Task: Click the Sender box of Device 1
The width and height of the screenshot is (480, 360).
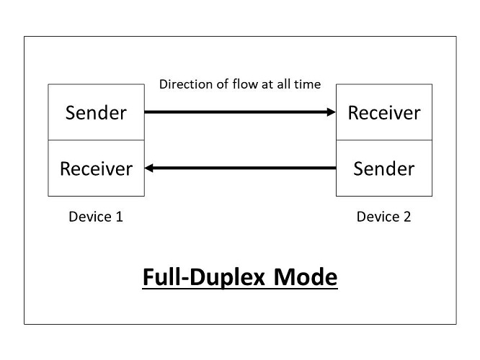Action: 96,112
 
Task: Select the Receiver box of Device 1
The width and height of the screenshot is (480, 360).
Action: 96,168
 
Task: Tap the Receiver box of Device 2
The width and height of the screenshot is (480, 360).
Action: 384,112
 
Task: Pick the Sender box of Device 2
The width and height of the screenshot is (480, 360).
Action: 384,168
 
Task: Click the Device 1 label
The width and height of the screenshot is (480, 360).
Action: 96,216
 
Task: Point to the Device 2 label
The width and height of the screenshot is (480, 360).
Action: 383,216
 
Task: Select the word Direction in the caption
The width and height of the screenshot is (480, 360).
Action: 184,85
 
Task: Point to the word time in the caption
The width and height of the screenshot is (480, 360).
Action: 308,85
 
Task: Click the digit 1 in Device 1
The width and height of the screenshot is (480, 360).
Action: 119,216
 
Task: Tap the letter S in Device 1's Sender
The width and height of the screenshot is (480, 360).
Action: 71,112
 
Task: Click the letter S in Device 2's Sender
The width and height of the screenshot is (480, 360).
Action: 358,168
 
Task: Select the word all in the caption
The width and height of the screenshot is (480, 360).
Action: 283,85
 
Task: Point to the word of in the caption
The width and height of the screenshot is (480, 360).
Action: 222,85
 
